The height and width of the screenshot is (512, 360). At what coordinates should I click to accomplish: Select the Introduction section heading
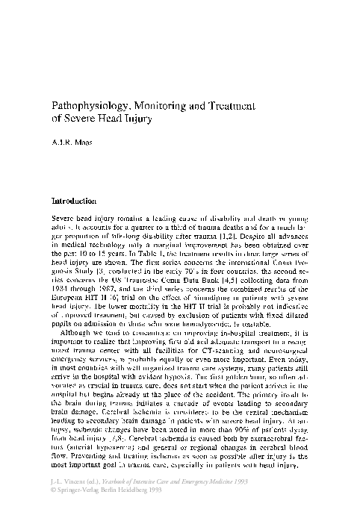point(71,202)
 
